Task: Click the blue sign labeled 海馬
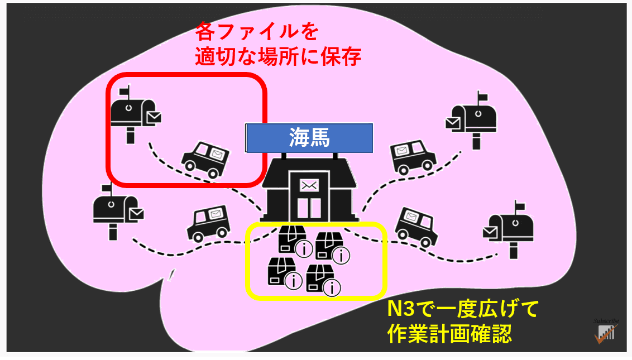pos(309,138)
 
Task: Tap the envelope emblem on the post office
pos(309,186)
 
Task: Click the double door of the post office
pos(309,208)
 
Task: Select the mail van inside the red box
pos(206,160)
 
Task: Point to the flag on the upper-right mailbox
pos(482,97)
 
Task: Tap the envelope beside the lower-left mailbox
pos(137,214)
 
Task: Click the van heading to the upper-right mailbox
pos(413,157)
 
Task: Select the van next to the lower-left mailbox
pos(208,224)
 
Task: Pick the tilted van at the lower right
pos(416,227)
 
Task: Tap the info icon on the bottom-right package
pos(332,287)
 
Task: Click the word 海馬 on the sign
pos(309,138)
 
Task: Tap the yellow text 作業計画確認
pos(449,333)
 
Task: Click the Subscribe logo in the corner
pos(606,331)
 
